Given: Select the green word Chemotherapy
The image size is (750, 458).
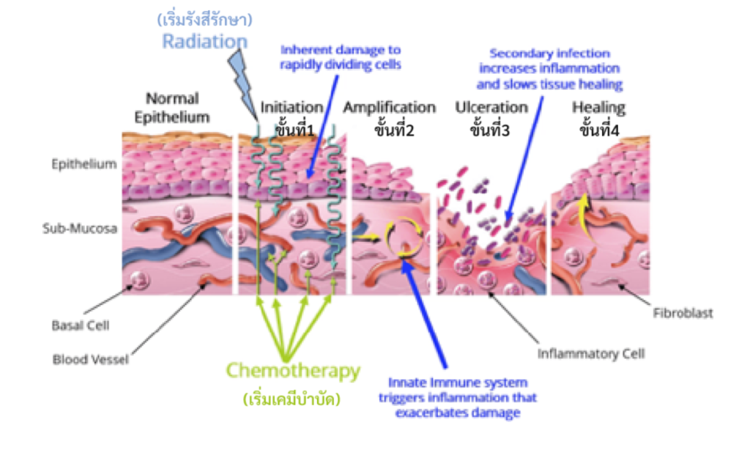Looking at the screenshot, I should (293, 371).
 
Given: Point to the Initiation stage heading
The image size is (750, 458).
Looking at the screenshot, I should (291, 108).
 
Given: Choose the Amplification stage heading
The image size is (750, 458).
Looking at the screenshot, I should (390, 108).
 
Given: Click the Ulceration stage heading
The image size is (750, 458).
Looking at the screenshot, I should (491, 107).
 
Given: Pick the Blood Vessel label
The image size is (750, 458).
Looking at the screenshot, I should (91, 359).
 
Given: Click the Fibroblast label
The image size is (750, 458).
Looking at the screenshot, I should (682, 314).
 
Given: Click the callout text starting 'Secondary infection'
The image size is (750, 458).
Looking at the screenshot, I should (549, 69).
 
